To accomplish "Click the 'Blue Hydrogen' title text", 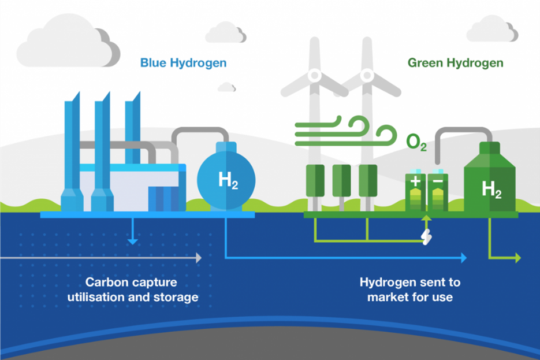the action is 183,63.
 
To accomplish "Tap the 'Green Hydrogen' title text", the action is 455,63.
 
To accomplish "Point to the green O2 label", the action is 416,142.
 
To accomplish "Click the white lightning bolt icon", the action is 427,236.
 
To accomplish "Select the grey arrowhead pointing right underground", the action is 199,258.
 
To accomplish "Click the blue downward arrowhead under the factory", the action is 133,242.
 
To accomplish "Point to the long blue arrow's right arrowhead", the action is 464,258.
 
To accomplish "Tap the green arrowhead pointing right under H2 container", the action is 518,258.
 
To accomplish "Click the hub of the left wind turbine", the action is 314,75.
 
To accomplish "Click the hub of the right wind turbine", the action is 367,75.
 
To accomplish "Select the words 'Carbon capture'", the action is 131,283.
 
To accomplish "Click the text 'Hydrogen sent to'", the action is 410,283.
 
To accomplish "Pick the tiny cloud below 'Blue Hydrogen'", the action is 226,87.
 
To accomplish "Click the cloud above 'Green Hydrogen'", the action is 492,29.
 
